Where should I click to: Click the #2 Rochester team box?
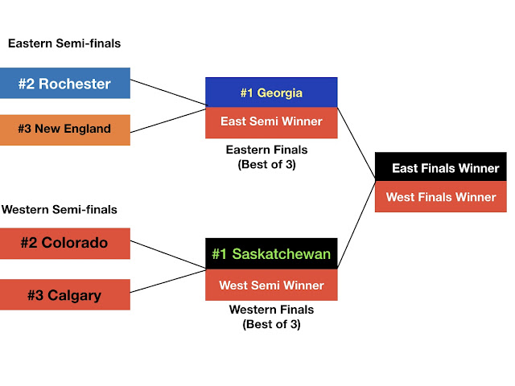pos(65,84)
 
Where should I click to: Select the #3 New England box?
pos(65,130)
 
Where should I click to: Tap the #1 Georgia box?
pos(271,92)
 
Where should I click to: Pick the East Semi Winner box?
pos(271,122)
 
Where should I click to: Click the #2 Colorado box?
pos(65,243)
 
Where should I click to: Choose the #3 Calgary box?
pos(65,294)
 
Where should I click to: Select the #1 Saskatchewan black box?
pos(271,254)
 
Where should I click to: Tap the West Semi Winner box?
pos(271,285)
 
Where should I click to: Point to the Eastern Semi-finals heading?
pos(64,43)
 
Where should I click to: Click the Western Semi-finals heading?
pos(60,210)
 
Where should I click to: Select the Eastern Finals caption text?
pos(268,156)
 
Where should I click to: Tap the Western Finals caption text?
pos(270,316)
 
